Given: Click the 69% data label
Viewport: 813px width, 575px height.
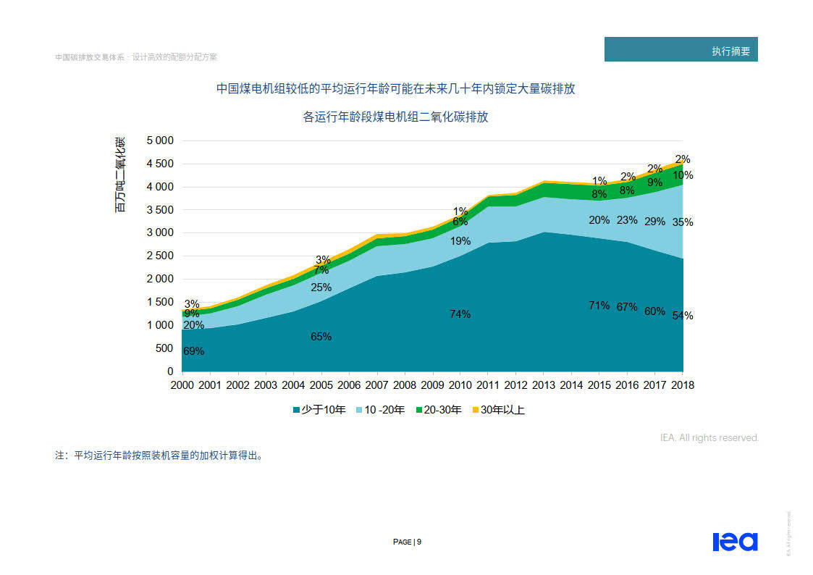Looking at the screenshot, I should tap(193, 351).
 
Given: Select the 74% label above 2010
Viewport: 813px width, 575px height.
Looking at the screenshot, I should tap(460, 314).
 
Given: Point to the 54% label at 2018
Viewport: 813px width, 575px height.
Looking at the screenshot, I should tap(683, 316).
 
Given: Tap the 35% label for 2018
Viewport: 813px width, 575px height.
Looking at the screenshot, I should tap(683, 222).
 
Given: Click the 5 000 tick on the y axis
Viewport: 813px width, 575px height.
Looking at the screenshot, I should tap(160, 140).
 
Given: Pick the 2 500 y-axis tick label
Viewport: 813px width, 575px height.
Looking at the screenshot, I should tap(160, 256).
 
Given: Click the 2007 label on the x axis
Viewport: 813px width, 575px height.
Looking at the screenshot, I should tap(376, 385).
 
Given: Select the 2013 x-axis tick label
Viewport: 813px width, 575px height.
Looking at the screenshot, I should tap(544, 385).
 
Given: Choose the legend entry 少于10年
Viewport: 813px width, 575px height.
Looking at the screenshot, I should tap(319, 410).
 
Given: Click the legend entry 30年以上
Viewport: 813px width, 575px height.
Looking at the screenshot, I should tap(498, 410).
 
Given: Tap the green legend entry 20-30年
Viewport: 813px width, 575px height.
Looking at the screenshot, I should tap(438, 410).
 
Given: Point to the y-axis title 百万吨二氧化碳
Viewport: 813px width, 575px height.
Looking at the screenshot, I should tap(120, 174).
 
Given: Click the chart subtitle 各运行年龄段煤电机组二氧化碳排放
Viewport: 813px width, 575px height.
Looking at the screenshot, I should tap(395, 117).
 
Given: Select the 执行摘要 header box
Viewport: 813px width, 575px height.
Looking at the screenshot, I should tap(681, 50).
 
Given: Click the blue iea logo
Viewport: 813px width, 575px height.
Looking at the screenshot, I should tap(734, 541).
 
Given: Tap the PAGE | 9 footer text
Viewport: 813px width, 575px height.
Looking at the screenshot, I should tap(407, 542).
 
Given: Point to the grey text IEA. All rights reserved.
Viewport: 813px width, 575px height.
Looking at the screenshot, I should tap(709, 437).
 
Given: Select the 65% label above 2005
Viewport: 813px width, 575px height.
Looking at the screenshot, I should tap(321, 337).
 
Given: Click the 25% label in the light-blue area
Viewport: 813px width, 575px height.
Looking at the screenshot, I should tap(321, 287).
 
